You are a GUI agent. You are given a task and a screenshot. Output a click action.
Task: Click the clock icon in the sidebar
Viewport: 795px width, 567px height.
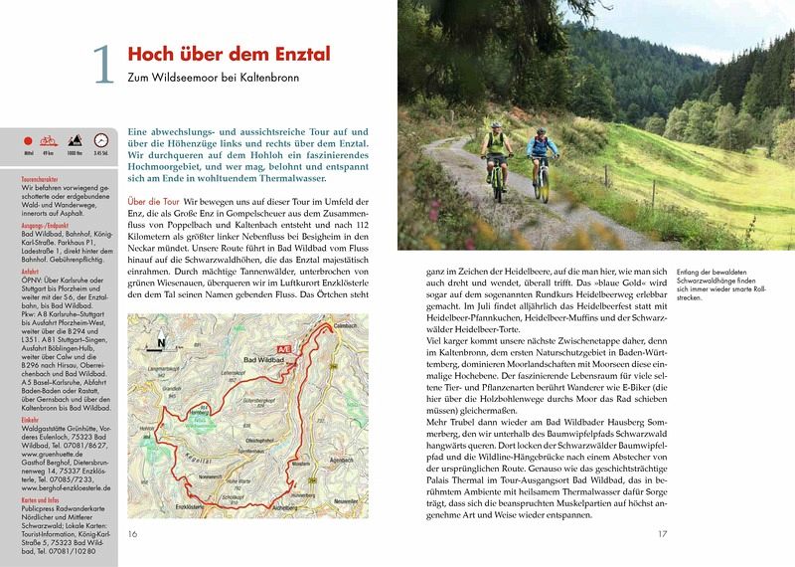coord(100,142)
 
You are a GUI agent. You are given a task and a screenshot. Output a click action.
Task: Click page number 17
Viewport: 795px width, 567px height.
coord(662,534)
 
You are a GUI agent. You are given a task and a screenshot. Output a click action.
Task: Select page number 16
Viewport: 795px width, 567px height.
coord(133,534)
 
